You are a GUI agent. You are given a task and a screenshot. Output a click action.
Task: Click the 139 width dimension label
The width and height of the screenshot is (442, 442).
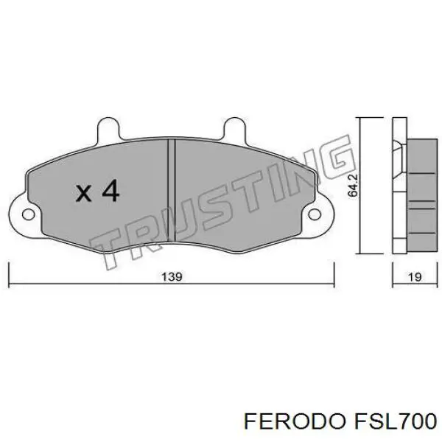172,276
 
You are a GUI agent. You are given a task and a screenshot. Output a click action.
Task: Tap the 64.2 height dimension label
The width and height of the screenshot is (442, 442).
352,185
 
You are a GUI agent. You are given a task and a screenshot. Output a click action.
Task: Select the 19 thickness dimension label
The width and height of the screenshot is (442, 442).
415,277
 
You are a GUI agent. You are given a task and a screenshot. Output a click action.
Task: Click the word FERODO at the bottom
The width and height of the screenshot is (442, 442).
294,421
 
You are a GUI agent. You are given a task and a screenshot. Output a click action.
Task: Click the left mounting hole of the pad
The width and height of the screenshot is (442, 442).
29,214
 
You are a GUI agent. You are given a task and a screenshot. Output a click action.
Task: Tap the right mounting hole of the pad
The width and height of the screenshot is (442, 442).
315,214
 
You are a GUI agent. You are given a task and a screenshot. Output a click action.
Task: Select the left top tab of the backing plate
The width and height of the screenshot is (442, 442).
108,128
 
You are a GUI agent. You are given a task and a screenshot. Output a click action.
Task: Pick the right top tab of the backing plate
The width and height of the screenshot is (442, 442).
234,128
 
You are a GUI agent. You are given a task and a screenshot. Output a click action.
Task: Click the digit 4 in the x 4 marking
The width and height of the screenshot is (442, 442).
110,191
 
